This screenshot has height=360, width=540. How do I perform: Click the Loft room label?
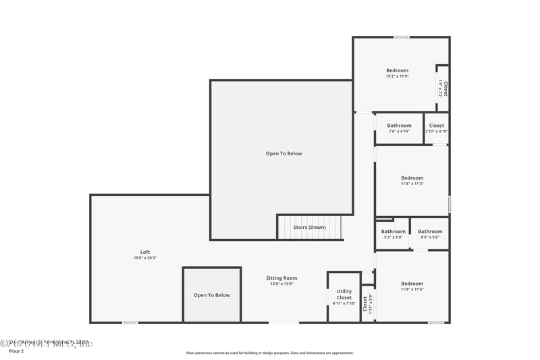145,252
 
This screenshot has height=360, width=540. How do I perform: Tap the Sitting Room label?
281,278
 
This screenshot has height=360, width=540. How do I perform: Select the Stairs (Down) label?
309,228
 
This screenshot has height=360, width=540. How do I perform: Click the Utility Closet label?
344,294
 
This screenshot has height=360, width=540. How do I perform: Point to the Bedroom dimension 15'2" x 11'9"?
397,76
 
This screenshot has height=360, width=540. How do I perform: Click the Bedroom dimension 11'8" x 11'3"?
412,184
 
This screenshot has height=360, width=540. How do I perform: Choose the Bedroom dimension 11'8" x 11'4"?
412,290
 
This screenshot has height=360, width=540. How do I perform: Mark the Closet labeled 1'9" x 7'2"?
443,89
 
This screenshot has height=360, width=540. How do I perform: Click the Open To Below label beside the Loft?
212,295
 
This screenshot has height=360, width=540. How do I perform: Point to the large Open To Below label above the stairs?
283,153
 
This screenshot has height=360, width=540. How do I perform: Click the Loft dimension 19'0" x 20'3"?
145,258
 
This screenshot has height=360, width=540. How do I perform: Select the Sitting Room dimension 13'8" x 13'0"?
281,284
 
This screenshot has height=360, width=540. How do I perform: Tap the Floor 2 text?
16,352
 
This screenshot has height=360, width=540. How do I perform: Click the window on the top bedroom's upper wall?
402,36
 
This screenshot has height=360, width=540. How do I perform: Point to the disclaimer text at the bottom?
270,353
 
